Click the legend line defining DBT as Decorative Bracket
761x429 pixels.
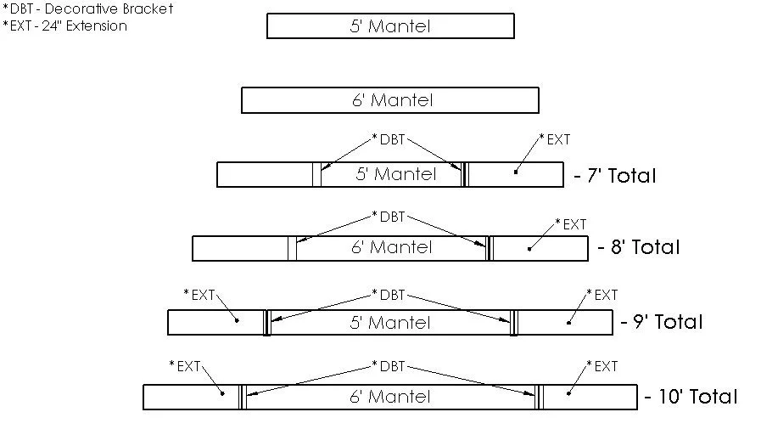point(87,9)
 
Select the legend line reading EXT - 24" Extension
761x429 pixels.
point(64,25)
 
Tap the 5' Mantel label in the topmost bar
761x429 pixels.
point(390,26)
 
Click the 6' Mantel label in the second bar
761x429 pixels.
point(390,100)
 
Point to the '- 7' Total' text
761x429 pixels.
point(614,176)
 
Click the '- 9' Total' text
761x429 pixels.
point(662,322)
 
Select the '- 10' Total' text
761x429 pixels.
point(691,397)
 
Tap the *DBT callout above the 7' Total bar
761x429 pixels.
point(389,139)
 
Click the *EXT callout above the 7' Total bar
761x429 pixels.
point(555,139)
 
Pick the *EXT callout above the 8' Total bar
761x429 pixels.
point(571,224)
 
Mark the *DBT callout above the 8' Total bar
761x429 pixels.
point(389,217)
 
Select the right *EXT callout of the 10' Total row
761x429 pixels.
point(602,366)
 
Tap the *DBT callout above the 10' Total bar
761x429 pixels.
point(389,366)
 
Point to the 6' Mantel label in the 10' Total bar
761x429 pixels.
point(390,397)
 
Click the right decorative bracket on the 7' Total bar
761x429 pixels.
point(464,174)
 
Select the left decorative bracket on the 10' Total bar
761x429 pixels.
point(242,397)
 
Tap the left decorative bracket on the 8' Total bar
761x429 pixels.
point(292,248)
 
